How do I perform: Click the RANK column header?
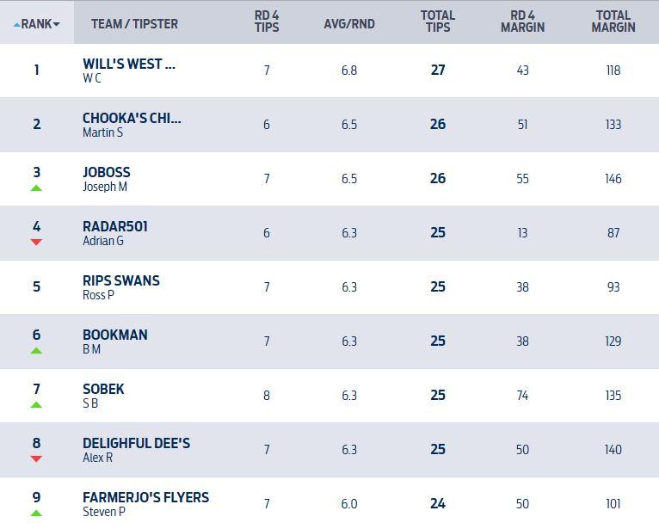(x=36, y=24)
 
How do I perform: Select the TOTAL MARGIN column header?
(x=613, y=22)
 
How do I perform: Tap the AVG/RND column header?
(x=349, y=24)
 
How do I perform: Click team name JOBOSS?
(x=107, y=172)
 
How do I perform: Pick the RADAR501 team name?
(x=115, y=226)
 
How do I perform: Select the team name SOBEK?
(x=103, y=389)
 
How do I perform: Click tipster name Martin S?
(x=102, y=132)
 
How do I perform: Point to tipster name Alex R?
(x=97, y=458)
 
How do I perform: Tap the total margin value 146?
(x=613, y=179)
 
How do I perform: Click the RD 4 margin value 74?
(x=522, y=396)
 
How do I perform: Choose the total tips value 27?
(x=438, y=71)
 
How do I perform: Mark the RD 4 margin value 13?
(x=522, y=233)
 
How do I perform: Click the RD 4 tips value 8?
(x=267, y=396)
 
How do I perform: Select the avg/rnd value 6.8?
(x=349, y=71)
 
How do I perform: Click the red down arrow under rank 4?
(x=36, y=242)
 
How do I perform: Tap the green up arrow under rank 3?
(x=36, y=188)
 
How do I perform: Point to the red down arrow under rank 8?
(x=36, y=458)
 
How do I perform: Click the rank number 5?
(x=36, y=286)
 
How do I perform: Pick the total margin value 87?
(x=613, y=233)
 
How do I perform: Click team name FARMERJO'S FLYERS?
(x=145, y=497)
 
